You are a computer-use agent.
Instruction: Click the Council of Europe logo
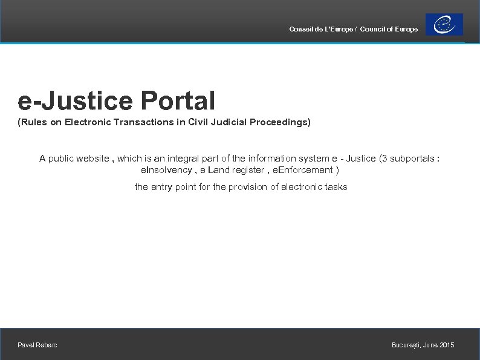pyautogui.click(x=444, y=25)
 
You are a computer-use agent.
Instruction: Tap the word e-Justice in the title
pyautogui.click(x=74, y=100)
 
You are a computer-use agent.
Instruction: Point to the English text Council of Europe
pyautogui.click(x=389, y=30)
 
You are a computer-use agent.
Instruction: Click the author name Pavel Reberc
pyautogui.click(x=37, y=345)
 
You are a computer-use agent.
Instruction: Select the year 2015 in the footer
pyautogui.click(x=447, y=345)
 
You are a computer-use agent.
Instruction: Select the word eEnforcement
pyautogui.click(x=303, y=170)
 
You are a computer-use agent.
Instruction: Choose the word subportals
pyautogui.click(x=412, y=159)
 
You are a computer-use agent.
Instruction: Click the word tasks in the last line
pyautogui.click(x=336, y=187)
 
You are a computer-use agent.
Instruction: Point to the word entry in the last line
pyautogui.click(x=161, y=187)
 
